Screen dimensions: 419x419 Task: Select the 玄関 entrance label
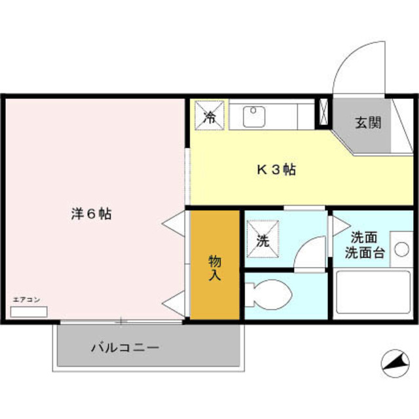point(368,122)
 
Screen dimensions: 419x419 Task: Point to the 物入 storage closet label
point(215,268)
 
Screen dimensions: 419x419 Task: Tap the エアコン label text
point(27,300)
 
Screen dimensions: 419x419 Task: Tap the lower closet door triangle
point(174,303)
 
